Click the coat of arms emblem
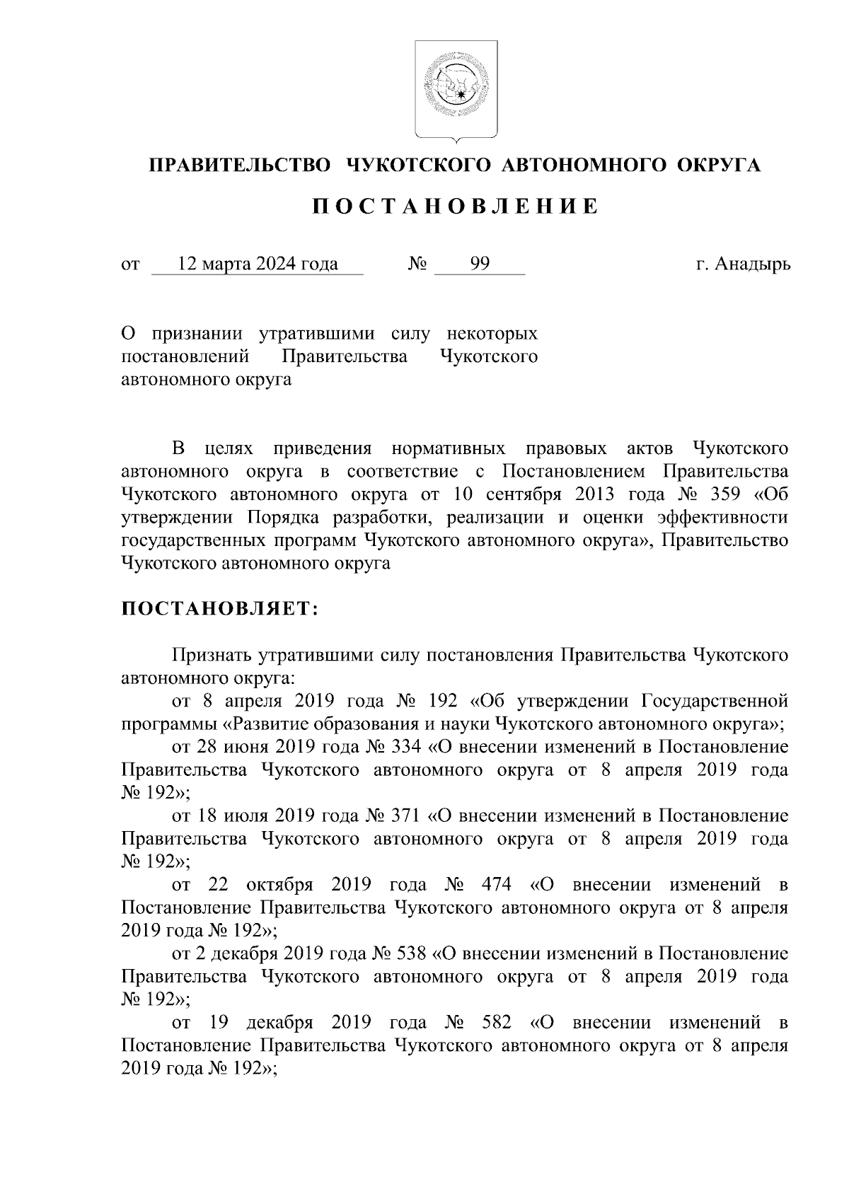pos(456,90)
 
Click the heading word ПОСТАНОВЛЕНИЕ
pos(456,207)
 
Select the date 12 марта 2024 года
pos(258,265)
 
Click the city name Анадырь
pos(753,265)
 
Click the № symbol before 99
pos(417,265)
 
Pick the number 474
pos(496,885)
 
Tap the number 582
pos(496,1023)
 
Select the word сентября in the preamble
pos(519,494)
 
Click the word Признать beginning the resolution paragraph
pos(212,655)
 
